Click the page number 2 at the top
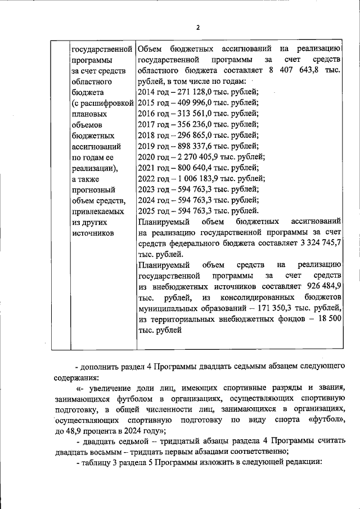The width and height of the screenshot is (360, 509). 197,28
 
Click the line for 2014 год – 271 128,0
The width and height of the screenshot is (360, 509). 197,92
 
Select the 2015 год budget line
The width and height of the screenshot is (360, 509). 197,103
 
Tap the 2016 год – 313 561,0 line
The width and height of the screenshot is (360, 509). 197,114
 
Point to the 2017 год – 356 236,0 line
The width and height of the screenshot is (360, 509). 197,124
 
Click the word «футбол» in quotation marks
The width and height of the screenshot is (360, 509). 320,420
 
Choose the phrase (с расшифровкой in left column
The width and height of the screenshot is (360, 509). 102,103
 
